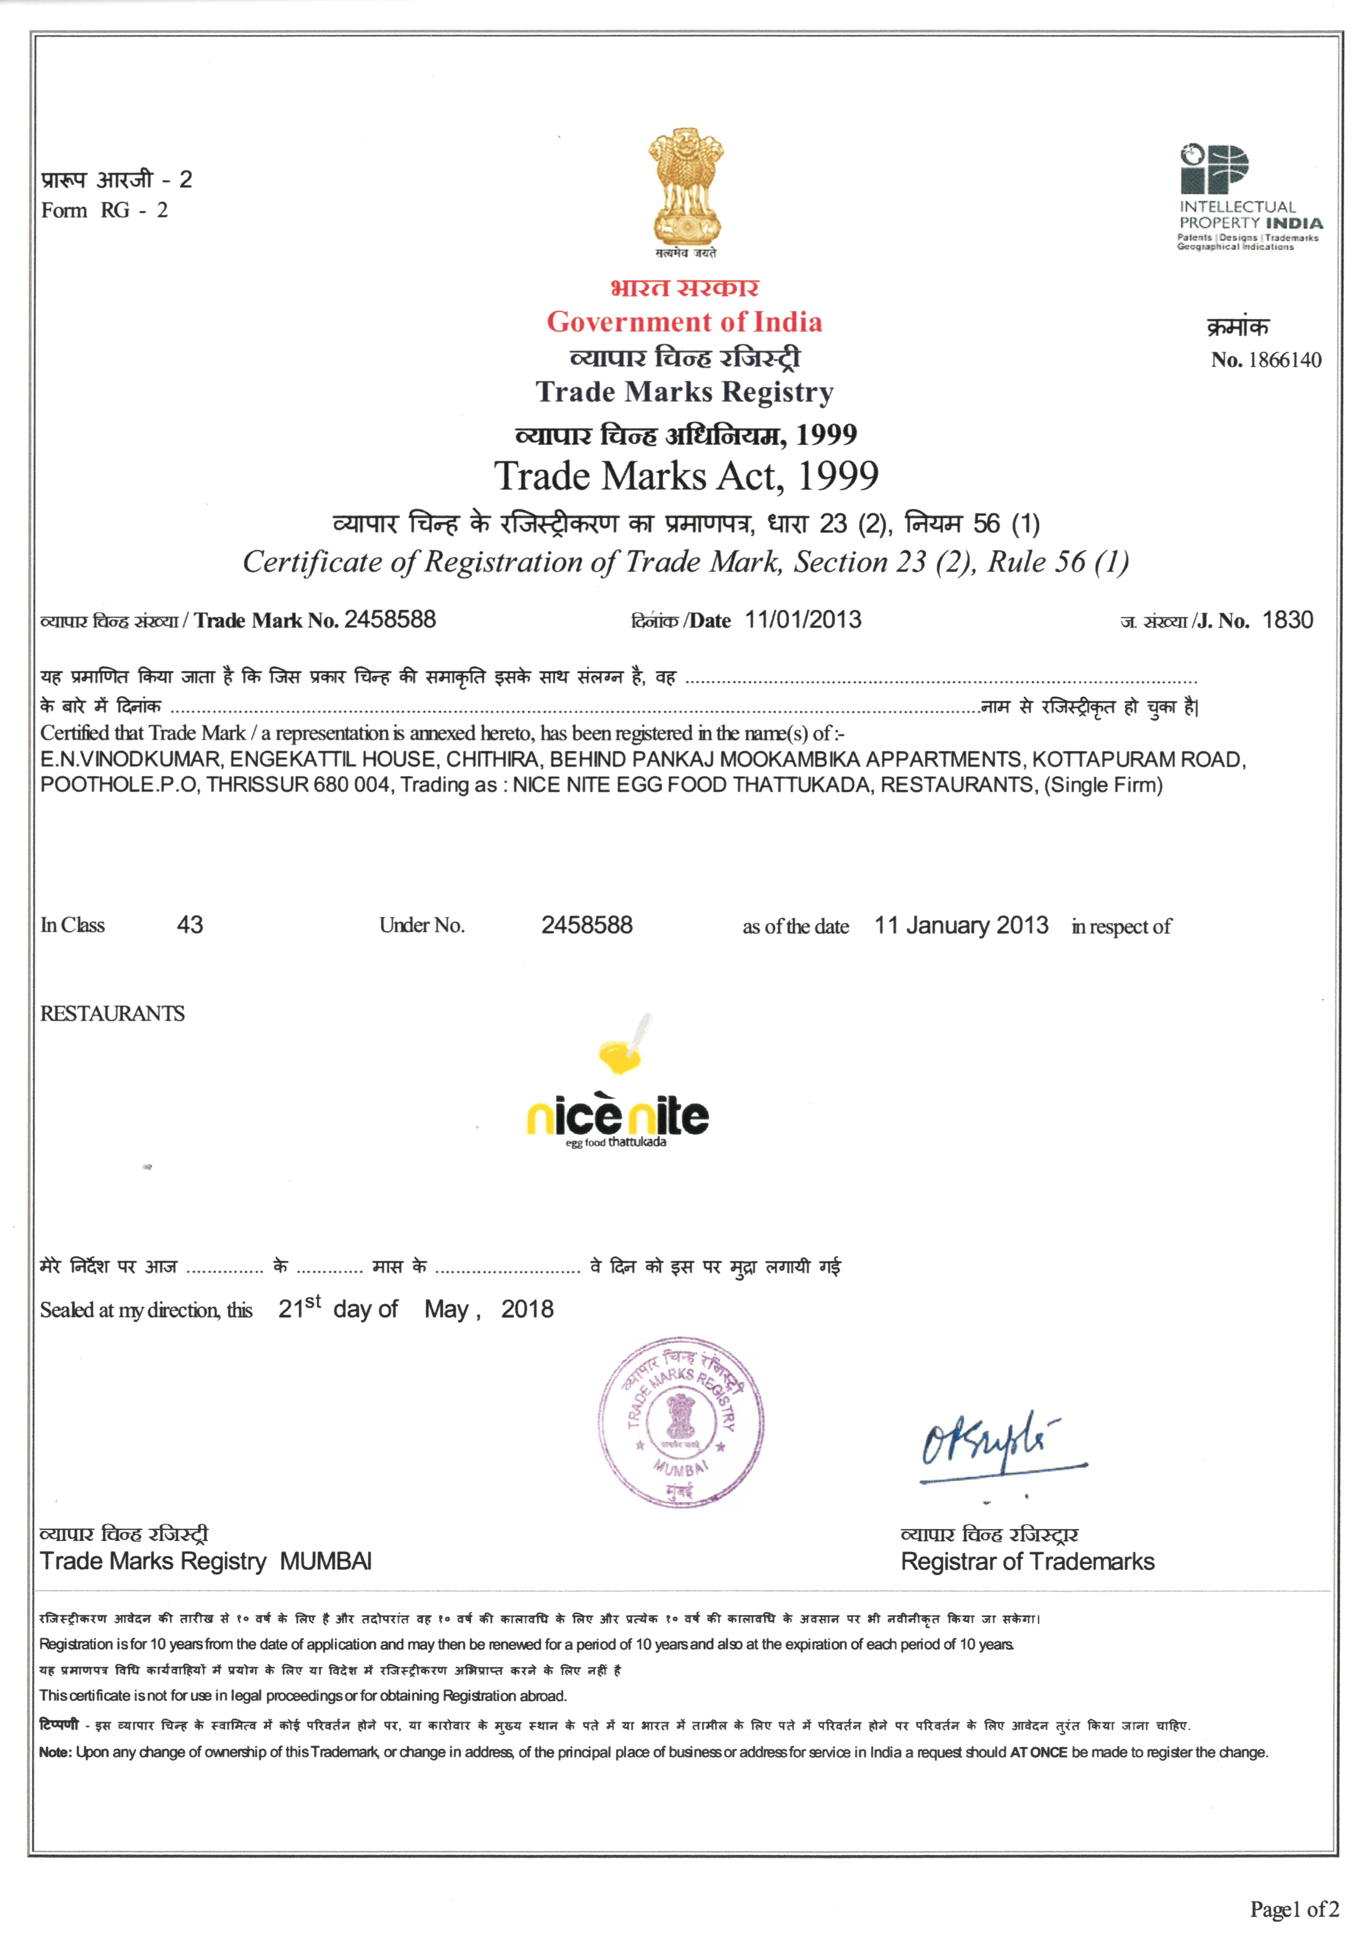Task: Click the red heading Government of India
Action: tap(684, 322)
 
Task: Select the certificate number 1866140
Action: tap(1284, 360)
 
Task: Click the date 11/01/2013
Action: tap(802, 620)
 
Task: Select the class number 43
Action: tap(190, 925)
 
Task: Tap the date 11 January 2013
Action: tap(961, 926)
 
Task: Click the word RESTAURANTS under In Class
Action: tap(112, 1013)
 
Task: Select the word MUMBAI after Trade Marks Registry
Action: tap(326, 1562)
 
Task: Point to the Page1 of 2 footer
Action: tap(1294, 1910)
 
